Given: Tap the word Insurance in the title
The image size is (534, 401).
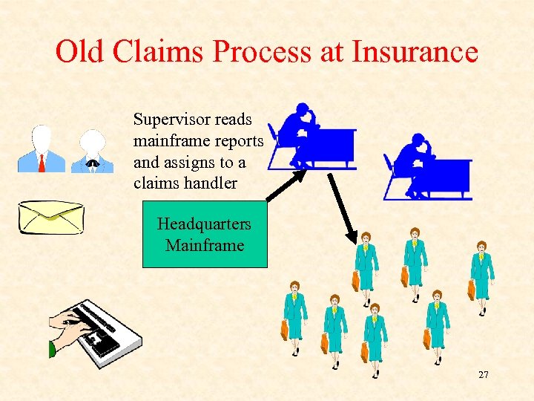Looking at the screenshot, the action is (415, 52).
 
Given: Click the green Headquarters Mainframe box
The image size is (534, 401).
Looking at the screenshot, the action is (204, 234).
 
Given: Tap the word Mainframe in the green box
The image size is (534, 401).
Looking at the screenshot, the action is (205, 245).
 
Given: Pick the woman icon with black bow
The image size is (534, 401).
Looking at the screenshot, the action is (93, 151).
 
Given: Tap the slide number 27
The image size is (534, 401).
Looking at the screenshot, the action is (484, 375).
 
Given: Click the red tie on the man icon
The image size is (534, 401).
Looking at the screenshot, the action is (42, 162).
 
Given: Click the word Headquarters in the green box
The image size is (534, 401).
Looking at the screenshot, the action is (204, 224).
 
